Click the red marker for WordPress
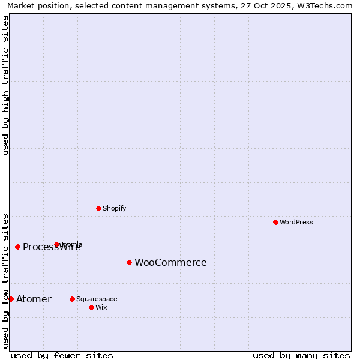(275, 222)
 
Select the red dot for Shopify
(98, 208)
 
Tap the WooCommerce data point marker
(129, 262)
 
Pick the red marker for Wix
(91, 307)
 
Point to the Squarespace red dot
(72, 299)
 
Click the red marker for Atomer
(11, 299)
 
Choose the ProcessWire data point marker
(17, 247)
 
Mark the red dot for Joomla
(56, 244)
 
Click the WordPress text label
(296, 222)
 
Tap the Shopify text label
(114, 208)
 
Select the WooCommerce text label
(170, 262)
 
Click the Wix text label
(101, 307)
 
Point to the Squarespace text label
(97, 299)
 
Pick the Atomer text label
(34, 299)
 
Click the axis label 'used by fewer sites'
(62, 355)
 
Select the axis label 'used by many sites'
(301, 355)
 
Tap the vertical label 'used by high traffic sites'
(5, 85)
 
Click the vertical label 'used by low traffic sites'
(5, 280)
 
